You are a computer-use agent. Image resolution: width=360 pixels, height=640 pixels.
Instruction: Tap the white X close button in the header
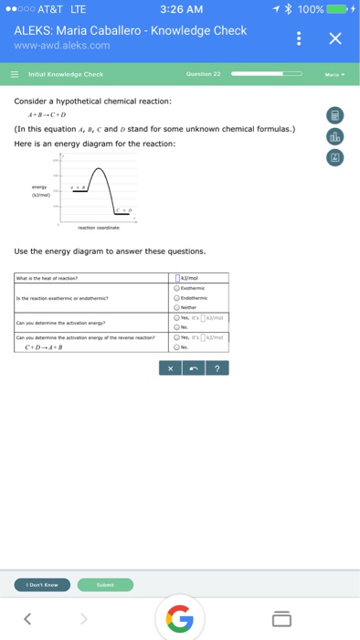334,38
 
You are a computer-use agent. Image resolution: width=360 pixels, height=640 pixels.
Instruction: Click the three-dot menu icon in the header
298,39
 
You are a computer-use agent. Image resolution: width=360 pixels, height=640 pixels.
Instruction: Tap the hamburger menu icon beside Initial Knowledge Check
16,74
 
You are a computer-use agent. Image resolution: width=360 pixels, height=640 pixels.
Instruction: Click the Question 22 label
203,74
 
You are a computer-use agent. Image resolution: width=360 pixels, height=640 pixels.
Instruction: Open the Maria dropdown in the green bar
334,74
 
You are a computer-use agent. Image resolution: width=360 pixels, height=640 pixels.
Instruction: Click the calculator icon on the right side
335,115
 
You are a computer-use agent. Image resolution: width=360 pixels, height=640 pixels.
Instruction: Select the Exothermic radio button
177,288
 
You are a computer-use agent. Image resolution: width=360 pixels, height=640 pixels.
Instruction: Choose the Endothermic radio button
177,297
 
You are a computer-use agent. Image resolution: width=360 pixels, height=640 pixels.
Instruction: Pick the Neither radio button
177,307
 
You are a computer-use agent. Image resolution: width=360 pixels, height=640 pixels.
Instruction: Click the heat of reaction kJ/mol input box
179,278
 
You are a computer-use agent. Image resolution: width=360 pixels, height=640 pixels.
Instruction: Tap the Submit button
105,584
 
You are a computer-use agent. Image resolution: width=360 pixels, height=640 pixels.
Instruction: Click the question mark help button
217,368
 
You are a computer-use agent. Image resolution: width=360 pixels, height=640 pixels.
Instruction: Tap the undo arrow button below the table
193,368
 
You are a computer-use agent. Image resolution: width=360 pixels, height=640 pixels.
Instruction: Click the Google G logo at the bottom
180,619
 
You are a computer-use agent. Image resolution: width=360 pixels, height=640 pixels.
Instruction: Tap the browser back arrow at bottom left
27,619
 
